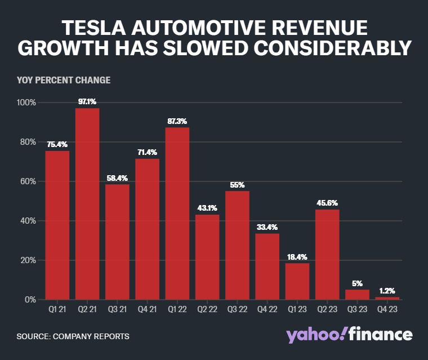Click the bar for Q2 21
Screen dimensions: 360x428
click(x=87, y=203)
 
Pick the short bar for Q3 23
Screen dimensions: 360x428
click(x=357, y=294)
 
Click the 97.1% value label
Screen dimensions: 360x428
click(x=87, y=102)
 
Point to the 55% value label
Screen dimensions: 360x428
click(x=237, y=185)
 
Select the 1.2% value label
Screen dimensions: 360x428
click(x=387, y=291)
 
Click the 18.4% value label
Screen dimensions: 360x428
click(x=297, y=257)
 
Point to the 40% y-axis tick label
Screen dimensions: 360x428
click(x=28, y=221)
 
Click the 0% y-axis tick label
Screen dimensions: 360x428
click(x=30, y=300)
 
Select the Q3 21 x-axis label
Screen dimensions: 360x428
click(x=117, y=309)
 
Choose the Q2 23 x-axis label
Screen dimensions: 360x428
click(x=327, y=309)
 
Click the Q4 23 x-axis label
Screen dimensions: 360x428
click(x=387, y=309)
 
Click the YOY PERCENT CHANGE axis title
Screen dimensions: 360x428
click(x=64, y=80)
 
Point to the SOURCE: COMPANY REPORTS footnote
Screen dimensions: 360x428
click(x=73, y=336)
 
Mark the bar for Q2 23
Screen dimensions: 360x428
click(x=327, y=254)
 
